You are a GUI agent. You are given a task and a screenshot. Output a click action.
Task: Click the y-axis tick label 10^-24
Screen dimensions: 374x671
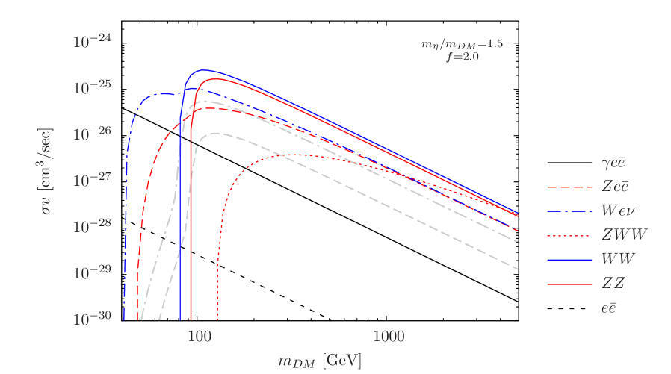click(92, 41)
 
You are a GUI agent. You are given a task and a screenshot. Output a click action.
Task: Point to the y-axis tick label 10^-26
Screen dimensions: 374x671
click(92, 134)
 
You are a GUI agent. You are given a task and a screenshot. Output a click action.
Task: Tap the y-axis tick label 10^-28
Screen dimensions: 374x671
click(92, 226)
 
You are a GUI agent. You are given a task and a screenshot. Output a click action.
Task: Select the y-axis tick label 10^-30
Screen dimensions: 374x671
click(92, 319)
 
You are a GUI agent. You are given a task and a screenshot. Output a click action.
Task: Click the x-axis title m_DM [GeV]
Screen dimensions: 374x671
click(320, 361)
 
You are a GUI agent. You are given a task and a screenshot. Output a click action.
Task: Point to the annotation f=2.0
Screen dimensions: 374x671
click(462, 56)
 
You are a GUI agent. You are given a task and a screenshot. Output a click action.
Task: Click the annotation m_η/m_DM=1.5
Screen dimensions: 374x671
click(462, 44)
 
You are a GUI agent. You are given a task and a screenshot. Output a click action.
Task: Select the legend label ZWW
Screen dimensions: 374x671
click(624, 234)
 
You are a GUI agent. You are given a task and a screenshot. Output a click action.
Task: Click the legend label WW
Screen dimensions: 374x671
click(618, 259)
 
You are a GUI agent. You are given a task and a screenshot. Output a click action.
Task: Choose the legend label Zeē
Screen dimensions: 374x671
click(619, 186)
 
